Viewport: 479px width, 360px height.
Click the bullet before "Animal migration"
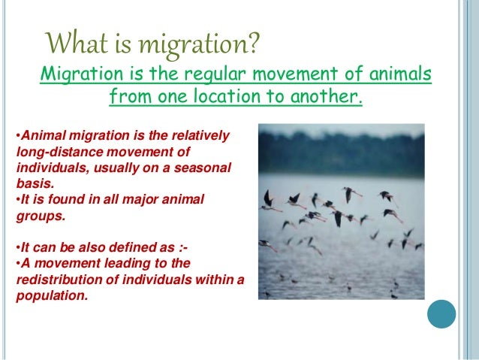coord(17,137)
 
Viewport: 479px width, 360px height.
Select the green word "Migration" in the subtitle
coord(74,75)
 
